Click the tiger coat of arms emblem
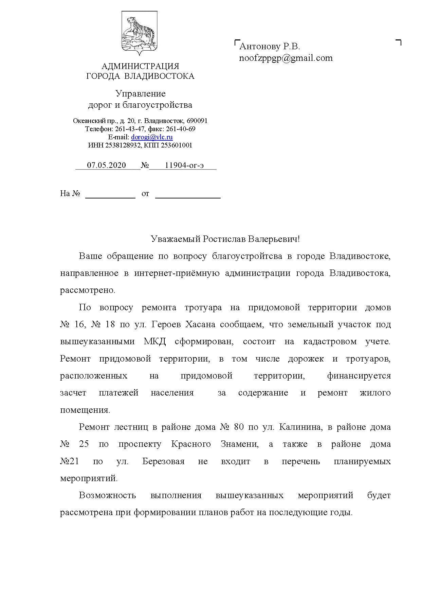coord(139,33)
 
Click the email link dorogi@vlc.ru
coord(152,137)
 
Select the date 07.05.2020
coord(106,165)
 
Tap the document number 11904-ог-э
coord(184,165)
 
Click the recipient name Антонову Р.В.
coord(270,46)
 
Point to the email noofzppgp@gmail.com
coord(286,58)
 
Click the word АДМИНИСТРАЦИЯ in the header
coord(140,66)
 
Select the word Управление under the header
coord(140,93)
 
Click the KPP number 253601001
coord(177,145)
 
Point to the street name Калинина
coord(300,427)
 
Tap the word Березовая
coord(163,461)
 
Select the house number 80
coord(239,427)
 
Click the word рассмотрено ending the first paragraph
coord(88,291)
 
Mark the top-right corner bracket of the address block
coord(399,42)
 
